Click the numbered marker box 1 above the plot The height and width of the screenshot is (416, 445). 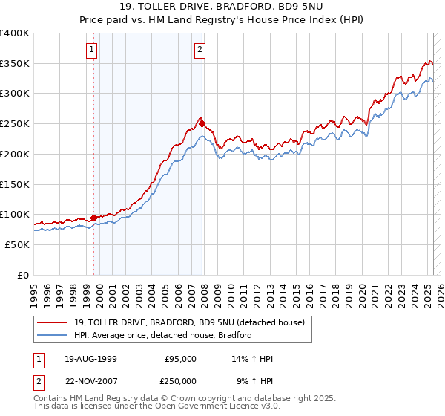[91, 51]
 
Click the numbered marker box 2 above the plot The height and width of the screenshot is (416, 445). [200, 51]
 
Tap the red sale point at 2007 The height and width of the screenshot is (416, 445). [202, 124]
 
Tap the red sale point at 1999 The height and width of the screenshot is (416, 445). [94, 218]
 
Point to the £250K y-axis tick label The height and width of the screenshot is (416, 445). [15, 123]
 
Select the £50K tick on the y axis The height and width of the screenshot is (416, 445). [17, 244]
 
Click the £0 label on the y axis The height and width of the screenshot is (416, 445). [24, 275]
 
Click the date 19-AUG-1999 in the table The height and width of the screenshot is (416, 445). [90, 359]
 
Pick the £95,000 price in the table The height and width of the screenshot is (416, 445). [180, 359]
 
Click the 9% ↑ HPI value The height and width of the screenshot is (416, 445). [254, 381]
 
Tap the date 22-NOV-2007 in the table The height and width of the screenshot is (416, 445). [90, 381]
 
